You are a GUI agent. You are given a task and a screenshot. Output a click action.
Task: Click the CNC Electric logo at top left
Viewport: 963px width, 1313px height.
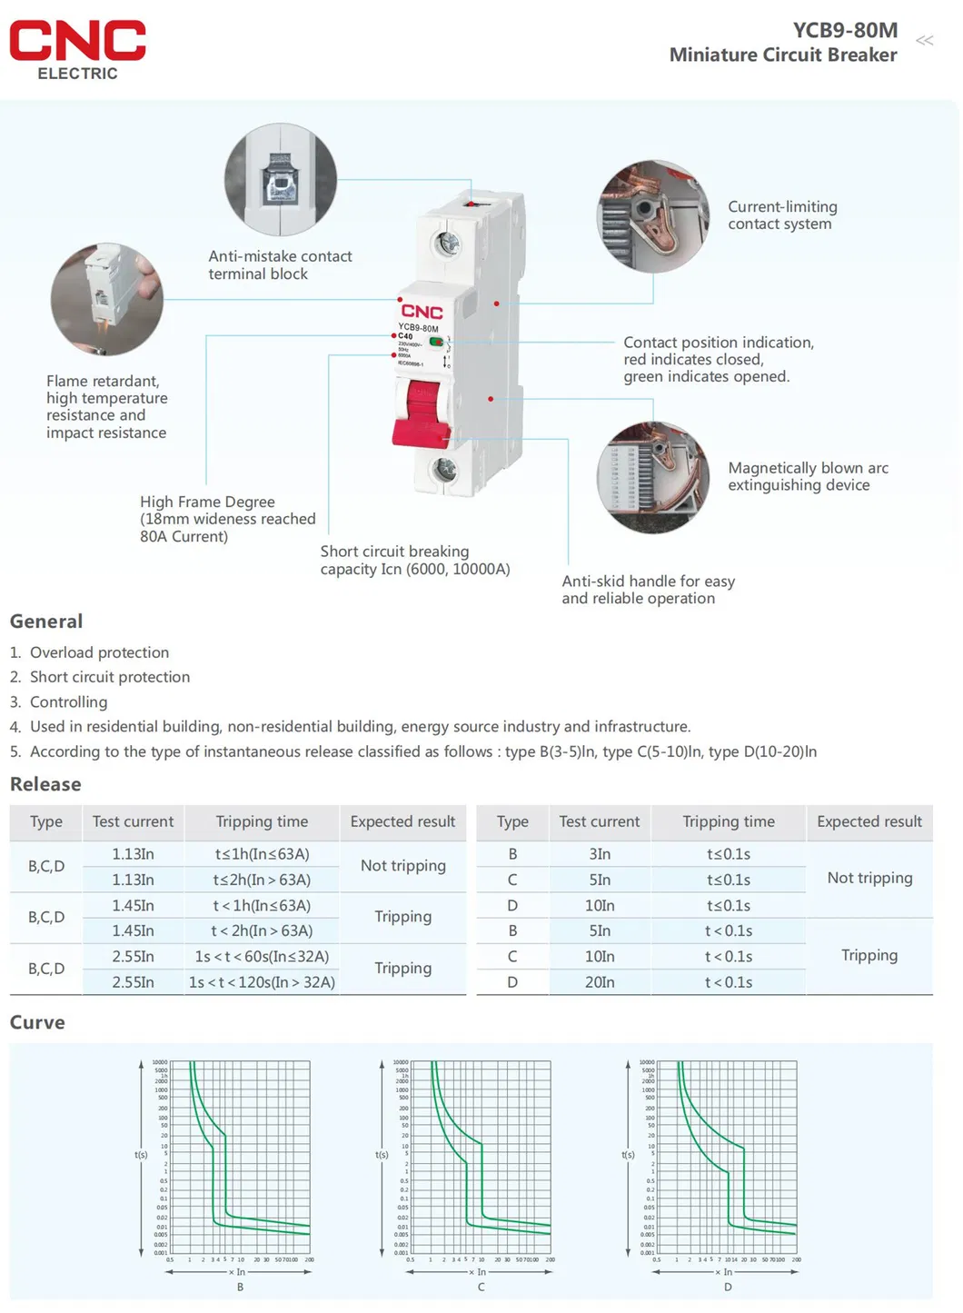coord(77,50)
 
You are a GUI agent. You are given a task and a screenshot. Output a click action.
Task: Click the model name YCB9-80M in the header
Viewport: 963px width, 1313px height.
coord(844,30)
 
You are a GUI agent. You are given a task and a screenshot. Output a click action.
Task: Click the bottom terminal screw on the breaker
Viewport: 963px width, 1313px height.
coord(444,469)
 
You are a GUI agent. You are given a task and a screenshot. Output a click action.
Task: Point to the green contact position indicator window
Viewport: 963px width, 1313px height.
coord(436,342)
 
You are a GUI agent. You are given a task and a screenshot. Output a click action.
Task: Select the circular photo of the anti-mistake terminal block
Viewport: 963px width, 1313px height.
coord(281,180)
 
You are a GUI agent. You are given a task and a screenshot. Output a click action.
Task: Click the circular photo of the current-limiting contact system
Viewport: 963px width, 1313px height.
coord(653,216)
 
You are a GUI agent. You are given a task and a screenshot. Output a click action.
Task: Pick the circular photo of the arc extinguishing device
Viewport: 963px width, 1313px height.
coord(653,477)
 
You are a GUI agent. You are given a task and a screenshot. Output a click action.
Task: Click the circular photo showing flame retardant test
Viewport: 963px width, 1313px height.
coord(107,299)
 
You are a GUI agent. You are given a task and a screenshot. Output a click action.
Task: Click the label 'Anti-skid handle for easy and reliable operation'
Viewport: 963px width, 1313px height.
coord(648,590)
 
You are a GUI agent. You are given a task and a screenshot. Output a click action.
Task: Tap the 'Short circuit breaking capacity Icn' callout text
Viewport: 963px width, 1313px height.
coord(414,561)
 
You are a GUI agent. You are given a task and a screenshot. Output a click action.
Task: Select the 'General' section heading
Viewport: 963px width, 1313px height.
coord(46,622)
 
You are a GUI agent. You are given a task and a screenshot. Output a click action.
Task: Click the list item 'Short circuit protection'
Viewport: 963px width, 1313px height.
coord(110,677)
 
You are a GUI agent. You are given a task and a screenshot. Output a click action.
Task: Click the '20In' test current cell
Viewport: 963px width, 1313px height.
coord(600,982)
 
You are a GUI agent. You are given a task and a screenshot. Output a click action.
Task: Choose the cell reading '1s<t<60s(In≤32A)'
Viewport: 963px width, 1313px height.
coord(262,957)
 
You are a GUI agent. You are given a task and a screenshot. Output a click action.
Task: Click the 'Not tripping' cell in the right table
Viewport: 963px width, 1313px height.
coord(869,878)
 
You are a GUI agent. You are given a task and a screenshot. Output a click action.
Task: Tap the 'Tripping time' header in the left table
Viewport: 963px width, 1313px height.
coord(262,821)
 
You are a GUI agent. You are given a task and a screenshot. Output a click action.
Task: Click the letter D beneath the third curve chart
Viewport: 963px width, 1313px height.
coord(728,1287)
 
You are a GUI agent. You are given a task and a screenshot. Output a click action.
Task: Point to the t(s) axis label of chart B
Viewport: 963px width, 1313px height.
coord(141,1155)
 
